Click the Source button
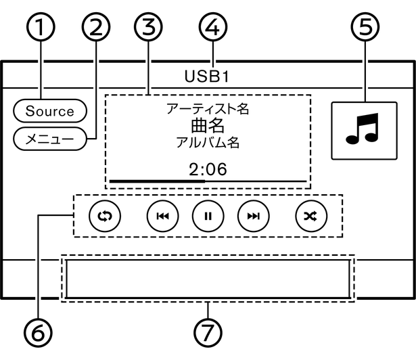49,110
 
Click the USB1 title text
207,76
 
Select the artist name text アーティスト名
207,108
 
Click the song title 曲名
207,126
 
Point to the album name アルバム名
207,143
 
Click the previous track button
162,216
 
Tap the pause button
208,216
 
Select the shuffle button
310,216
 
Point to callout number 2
95,29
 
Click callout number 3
148,29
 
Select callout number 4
214,29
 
